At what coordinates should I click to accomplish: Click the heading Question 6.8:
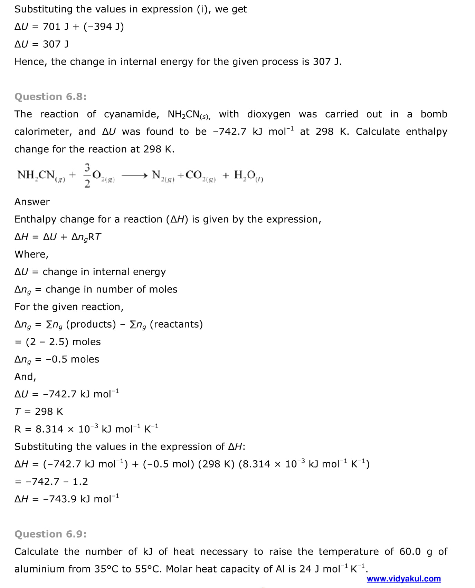50,97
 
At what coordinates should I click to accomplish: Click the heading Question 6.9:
50,534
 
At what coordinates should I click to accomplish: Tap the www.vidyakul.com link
403,579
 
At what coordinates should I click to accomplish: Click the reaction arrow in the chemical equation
134,176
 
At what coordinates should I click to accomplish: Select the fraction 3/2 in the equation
87,175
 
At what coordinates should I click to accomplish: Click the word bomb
434,114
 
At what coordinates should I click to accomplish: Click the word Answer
32,202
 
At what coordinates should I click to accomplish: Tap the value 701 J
56,27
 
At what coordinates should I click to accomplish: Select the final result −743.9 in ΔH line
60,499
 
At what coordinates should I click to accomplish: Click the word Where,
31,254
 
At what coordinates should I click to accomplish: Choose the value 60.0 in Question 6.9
410,552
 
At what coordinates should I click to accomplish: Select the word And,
25,377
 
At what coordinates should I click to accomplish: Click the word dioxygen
268,114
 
